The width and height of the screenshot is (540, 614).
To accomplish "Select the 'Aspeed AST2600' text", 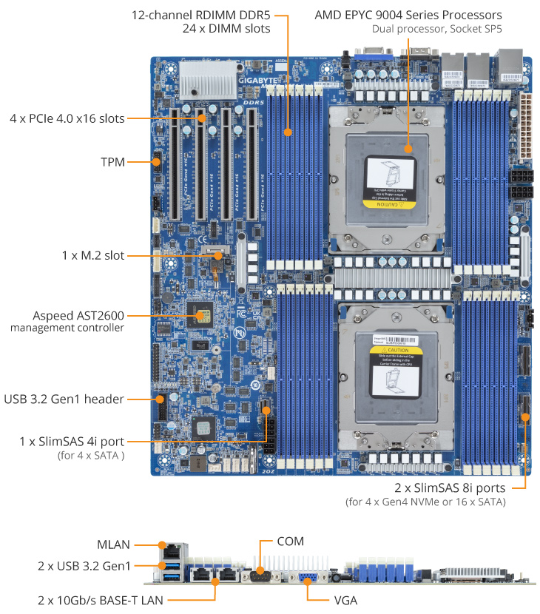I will [x=78, y=314].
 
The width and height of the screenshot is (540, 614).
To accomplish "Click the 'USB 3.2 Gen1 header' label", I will [x=64, y=399].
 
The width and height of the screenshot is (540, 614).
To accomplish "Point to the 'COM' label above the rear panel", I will [x=288, y=542].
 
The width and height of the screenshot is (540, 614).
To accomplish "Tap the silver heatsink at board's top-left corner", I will [x=204, y=76].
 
